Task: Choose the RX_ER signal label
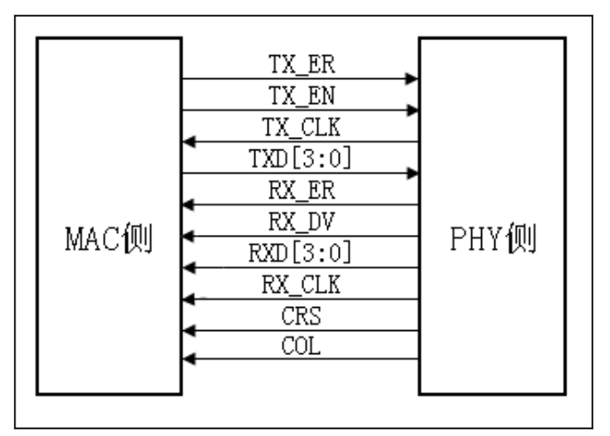coord(300,191)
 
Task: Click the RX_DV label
coord(300,222)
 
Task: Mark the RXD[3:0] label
coord(300,254)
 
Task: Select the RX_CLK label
coord(300,285)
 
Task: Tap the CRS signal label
coord(300,316)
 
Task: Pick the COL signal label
coord(300,346)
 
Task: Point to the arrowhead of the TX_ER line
coord(412,79)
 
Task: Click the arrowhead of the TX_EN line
coord(412,110)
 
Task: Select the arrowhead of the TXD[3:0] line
coord(412,173)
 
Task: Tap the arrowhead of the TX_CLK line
coord(188,141)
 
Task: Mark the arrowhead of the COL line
coord(188,359)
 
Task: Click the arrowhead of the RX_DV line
coord(188,236)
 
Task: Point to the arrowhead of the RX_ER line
coord(188,205)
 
